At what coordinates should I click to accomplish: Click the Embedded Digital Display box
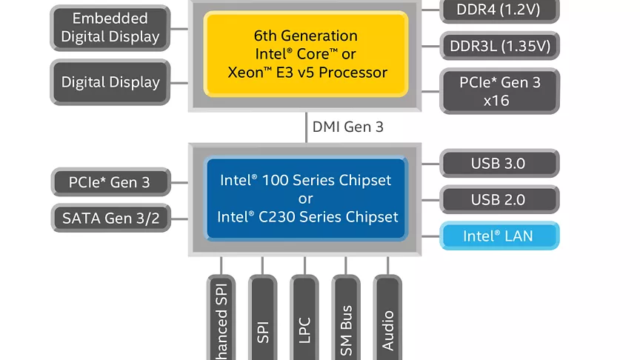click(x=110, y=27)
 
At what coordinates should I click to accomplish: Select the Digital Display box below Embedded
click(x=110, y=82)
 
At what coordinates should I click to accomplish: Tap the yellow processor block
click(x=306, y=54)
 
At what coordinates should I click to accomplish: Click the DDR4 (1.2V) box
click(x=499, y=10)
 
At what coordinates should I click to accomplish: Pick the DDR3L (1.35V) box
click(x=499, y=46)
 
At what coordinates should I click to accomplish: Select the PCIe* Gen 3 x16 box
click(x=499, y=91)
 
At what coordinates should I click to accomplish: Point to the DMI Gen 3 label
click(x=347, y=127)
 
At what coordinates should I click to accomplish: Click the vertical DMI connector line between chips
click(x=306, y=127)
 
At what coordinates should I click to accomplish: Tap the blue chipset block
click(x=306, y=199)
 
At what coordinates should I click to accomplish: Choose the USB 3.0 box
click(x=499, y=164)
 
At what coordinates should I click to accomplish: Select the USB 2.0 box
click(x=499, y=199)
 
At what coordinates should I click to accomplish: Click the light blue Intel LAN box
click(x=499, y=236)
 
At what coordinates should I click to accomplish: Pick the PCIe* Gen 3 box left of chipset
click(x=110, y=181)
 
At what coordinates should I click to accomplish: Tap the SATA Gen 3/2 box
click(x=110, y=218)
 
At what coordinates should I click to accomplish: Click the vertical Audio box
click(x=387, y=319)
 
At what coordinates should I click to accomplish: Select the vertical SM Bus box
click(x=346, y=319)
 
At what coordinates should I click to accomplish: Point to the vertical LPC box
click(x=304, y=319)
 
